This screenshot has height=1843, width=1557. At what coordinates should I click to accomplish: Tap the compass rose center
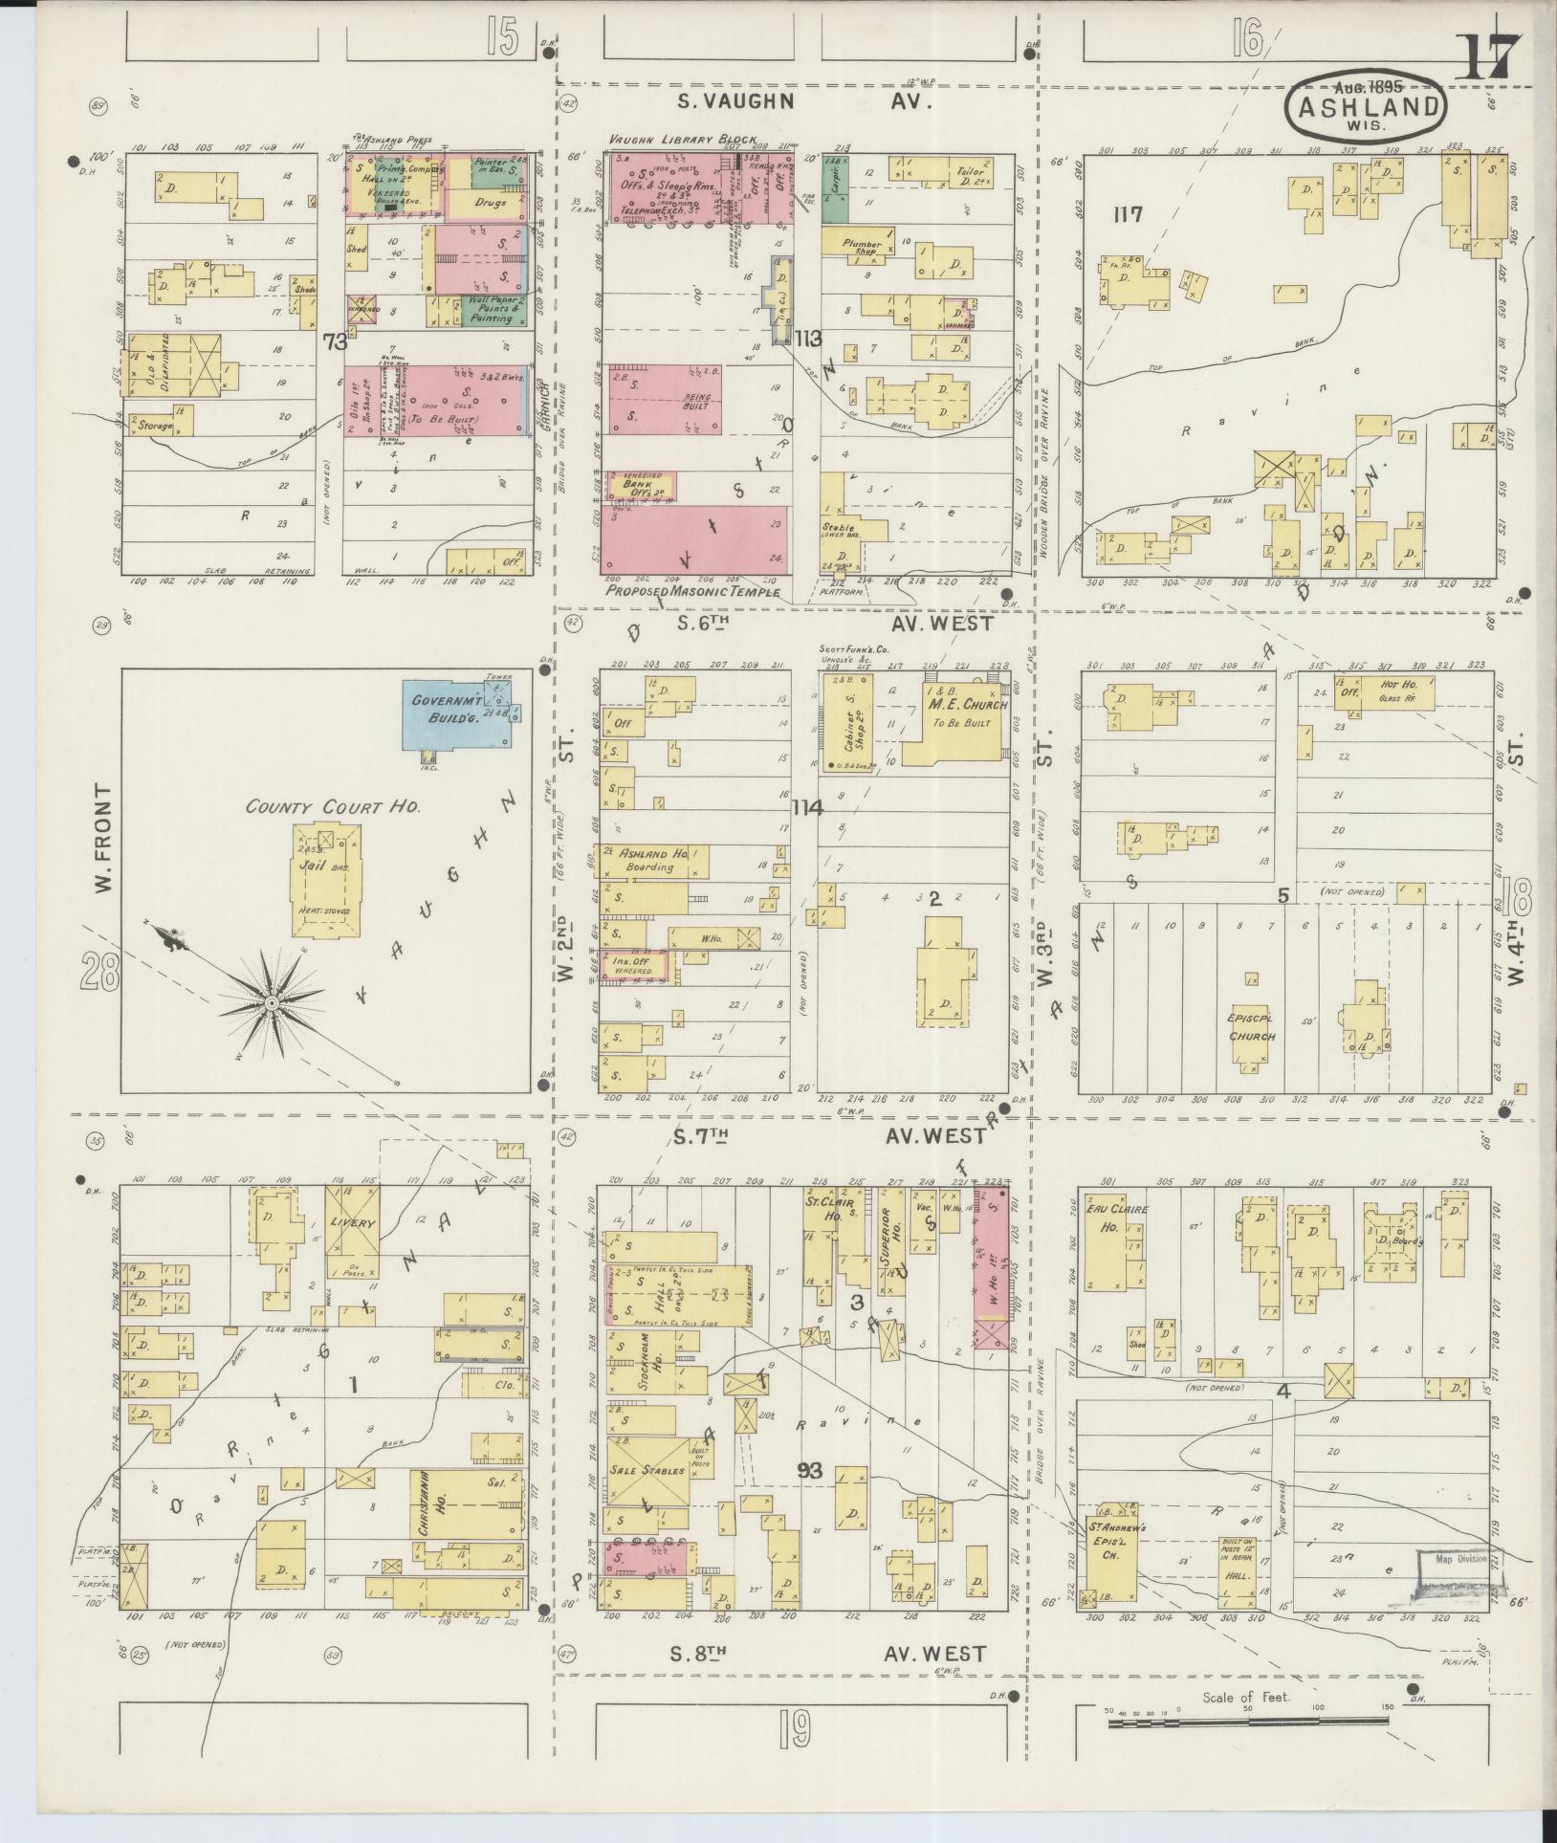pyautogui.click(x=273, y=1002)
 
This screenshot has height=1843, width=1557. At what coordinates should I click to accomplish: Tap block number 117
pyautogui.click(x=1129, y=214)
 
